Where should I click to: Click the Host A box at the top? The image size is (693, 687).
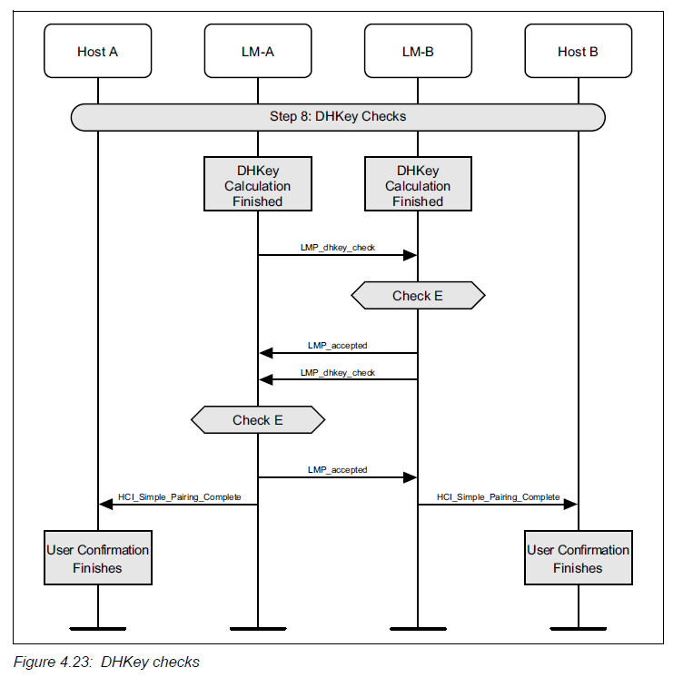(x=97, y=52)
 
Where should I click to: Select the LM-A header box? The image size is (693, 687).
(x=258, y=52)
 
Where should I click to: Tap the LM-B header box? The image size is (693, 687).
(x=418, y=52)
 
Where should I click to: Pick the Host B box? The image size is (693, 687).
(x=578, y=52)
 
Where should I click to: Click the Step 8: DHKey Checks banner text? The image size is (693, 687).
(x=338, y=116)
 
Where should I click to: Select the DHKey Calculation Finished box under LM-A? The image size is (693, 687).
(x=258, y=186)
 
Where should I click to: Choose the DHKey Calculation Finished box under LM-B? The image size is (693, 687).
(x=418, y=186)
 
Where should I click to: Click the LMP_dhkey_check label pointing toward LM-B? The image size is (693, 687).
(x=338, y=247)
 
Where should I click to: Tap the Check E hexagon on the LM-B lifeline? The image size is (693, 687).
(x=418, y=296)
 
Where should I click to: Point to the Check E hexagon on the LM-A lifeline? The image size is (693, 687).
(x=258, y=420)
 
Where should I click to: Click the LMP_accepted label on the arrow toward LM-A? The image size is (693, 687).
(x=338, y=346)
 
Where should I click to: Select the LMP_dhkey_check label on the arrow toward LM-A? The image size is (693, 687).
(x=338, y=372)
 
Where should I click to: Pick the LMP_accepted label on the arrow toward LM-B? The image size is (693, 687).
(x=338, y=469)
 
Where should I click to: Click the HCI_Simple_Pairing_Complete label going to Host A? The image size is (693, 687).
(x=178, y=496)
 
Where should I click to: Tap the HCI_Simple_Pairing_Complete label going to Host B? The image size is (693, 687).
(x=498, y=496)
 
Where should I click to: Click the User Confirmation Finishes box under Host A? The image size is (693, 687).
(x=97, y=559)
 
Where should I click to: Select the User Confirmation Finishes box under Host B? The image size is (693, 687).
(x=578, y=559)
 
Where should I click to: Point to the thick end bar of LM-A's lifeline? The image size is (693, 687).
(x=258, y=628)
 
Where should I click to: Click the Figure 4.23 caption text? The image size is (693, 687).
(x=106, y=662)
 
